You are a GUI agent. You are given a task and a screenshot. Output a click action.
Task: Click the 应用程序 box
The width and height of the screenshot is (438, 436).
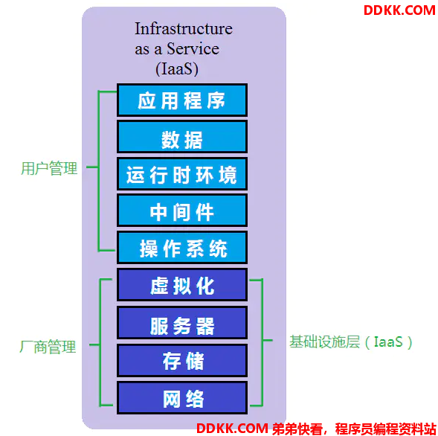click(x=182, y=100)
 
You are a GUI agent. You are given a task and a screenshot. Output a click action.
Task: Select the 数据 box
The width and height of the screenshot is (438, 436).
click(x=182, y=137)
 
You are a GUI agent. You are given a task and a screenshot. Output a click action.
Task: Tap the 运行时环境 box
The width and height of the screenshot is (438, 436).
click(x=182, y=174)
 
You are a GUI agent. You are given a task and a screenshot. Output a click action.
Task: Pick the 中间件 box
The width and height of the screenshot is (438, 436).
click(x=182, y=211)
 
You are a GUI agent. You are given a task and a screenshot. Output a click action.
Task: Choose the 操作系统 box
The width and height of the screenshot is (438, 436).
click(x=182, y=247)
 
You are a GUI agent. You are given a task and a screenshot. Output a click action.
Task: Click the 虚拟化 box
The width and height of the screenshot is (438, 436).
click(x=182, y=284)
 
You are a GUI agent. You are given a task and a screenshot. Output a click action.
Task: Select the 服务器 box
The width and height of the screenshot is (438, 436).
click(x=182, y=323)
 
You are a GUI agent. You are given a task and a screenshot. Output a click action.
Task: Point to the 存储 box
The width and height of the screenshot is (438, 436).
click(x=182, y=360)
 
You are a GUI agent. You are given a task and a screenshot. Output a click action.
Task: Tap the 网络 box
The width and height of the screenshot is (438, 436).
click(x=182, y=398)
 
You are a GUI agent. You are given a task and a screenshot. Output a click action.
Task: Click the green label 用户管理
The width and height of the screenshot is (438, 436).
click(x=49, y=169)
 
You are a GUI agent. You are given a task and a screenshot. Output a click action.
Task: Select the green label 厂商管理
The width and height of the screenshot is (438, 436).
click(x=48, y=347)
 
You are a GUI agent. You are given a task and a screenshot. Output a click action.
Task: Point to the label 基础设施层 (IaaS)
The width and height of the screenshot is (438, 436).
click(x=351, y=342)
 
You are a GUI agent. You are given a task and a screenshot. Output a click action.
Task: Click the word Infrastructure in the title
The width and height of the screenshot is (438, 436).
click(x=184, y=28)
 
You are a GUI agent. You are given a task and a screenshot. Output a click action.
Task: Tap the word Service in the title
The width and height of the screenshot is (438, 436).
click(x=193, y=48)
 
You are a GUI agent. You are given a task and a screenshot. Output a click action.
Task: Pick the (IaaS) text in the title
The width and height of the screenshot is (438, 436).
click(x=177, y=68)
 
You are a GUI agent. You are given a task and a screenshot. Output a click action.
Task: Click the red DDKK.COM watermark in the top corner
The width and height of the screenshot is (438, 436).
click(x=399, y=10)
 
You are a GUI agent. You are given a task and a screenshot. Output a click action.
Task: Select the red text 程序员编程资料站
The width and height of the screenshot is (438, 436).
click(x=385, y=429)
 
